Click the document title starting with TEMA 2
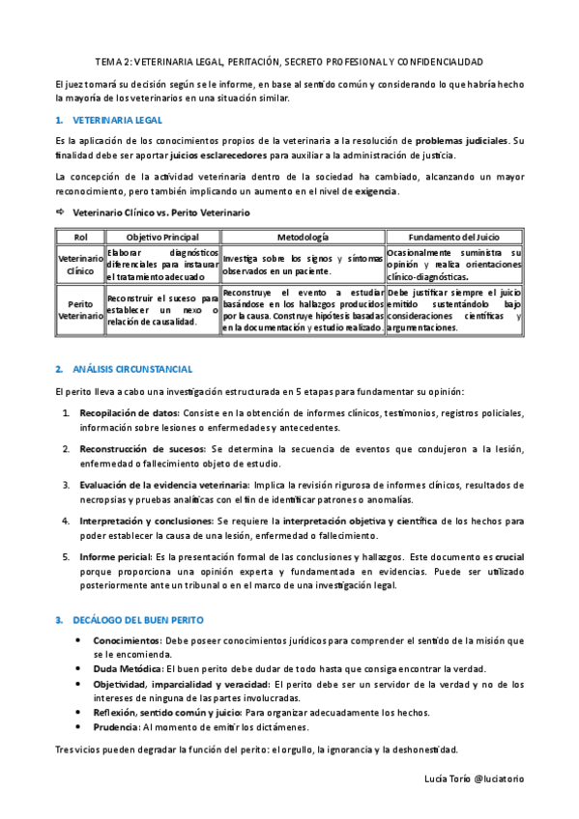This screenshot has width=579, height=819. [x=289, y=60]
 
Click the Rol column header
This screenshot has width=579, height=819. [x=79, y=237]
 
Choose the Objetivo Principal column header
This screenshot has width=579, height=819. [x=162, y=237]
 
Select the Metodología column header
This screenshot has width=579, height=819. [x=303, y=237]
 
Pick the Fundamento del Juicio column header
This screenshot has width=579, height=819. [x=453, y=237]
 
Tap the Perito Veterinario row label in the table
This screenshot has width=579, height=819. [x=80, y=309]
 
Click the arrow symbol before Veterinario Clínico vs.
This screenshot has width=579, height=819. [x=60, y=212]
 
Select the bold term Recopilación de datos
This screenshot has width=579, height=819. [x=130, y=413]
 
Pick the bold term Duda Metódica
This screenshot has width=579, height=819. [x=129, y=668]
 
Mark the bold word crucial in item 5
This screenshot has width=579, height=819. [x=508, y=557]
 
